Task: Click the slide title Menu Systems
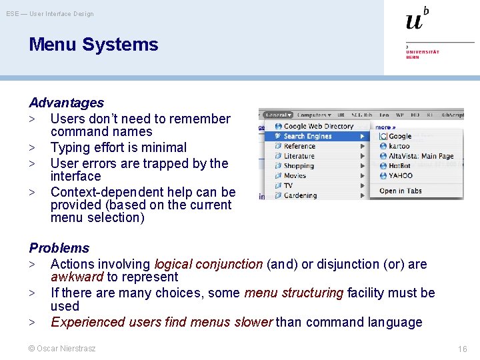pyautogui.click(x=93, y=45)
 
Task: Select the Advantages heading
pyautogui.click(x=66, y=103)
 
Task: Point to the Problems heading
pyautogui.click(x=59, y=248)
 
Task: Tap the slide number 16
pyautogui.click(x=462, y=349)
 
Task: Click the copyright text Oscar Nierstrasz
pyautogui.click(x=61, y=349)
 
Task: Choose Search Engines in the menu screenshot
pyautogui.click(x=307, y=136)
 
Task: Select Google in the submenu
pyautogui.click(x=400, y=136)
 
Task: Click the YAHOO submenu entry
pyautogui.click(x=400, y=176)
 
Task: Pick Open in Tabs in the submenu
pyautogui.click(x=400, y=191)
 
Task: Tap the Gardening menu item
pyautogui.click(x=300, y=195)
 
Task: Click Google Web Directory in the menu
pyautogui.click(x=318, y=126)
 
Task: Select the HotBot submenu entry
pyautogui.click(x=399, y=166)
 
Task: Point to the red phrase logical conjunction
pyautogui.click(x=208, y=264)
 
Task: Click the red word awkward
pyautogui.click(x=77, y=277)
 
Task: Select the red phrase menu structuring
pyautogui.click(x=293, y=293)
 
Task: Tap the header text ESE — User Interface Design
pyautogui.click(x=50, y=14)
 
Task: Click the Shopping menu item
pyautogui.click(x=298, y=166)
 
